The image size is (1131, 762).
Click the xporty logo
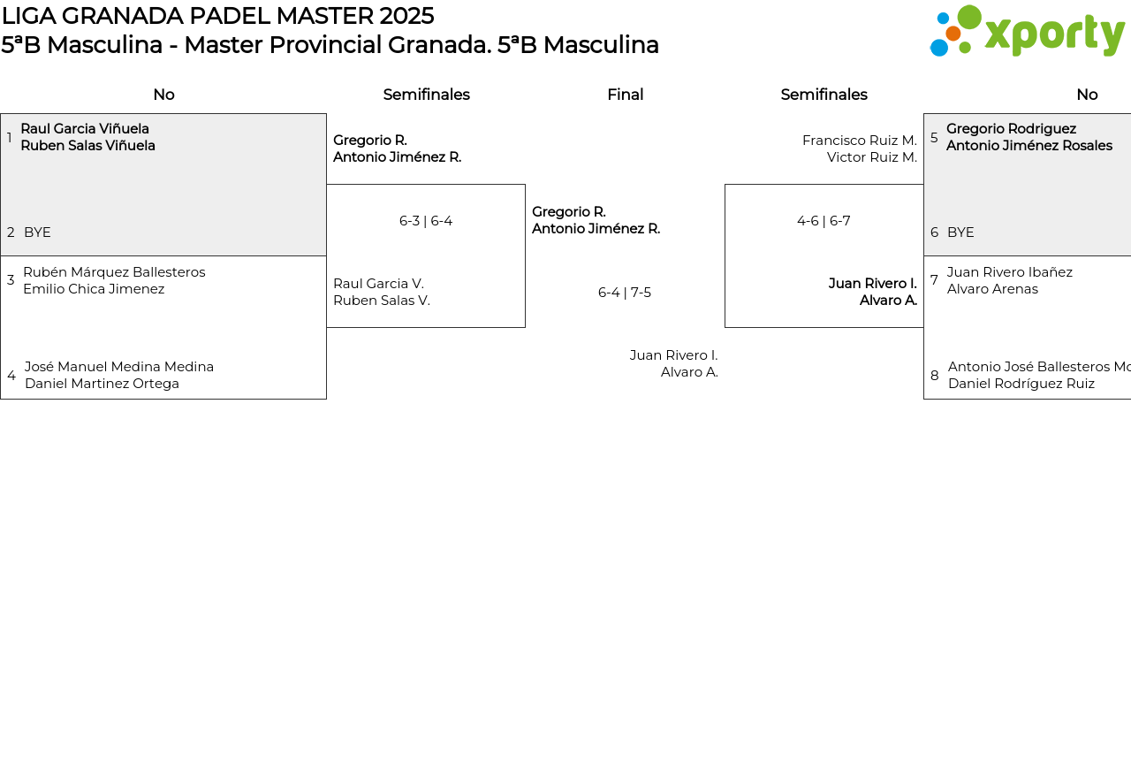click(x=1027, y=32)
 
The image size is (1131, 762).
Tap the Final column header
click(x=625, y=95)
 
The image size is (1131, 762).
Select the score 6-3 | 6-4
click(x=426, y=221)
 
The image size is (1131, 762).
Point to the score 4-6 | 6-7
click(x=824, y=221)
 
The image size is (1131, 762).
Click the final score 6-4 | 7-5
click(x=625, y=293)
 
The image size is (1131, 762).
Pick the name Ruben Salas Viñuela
click(x=87, y=146)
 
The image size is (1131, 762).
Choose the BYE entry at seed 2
click(x=37, y=232)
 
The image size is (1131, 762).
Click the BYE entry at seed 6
click(x=960, y=232)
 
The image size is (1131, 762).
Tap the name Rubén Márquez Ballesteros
click(x=114, y=272)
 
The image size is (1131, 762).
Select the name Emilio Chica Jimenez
click(x=94, y=289)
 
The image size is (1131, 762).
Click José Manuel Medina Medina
click(x=119, y=367)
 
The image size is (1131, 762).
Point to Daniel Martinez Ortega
click(x=102, y=384)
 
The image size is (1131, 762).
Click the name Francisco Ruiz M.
click(x=859, y=141)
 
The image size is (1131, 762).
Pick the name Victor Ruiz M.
click(x=871, y=157)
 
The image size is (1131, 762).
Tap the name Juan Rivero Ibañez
click(x=1010, y=272)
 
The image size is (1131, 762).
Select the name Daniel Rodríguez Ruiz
click(x=1021, y=384)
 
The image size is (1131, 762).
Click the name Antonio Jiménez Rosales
click(x=1029, y=146)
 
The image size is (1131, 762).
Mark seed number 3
click(x=11, y=280)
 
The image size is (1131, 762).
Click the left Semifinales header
click(x=426, y=95)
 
